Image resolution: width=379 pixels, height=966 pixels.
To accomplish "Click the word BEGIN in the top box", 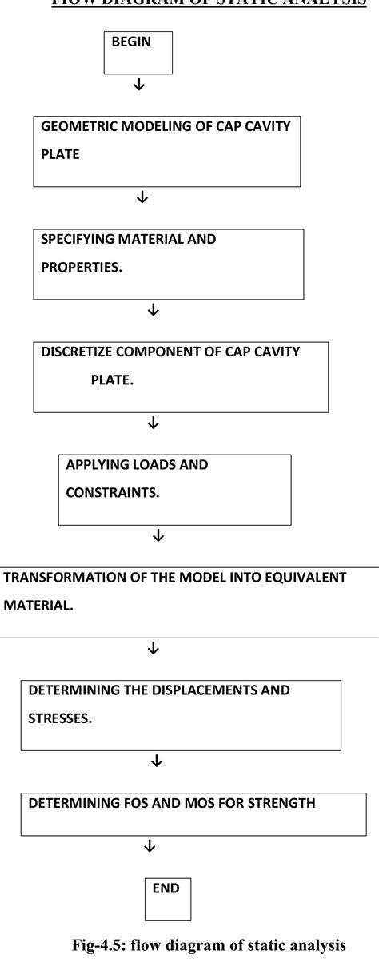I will [x=131, y=42].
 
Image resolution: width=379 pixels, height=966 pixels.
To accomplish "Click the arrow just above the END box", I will [x=150, y=845].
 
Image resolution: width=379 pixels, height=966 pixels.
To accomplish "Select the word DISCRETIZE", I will [x=78, y=352].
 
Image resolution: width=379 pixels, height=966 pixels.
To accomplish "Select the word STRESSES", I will [x=60, y=718].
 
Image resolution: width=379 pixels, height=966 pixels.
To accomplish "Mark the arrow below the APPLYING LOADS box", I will [x=158, y=535].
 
